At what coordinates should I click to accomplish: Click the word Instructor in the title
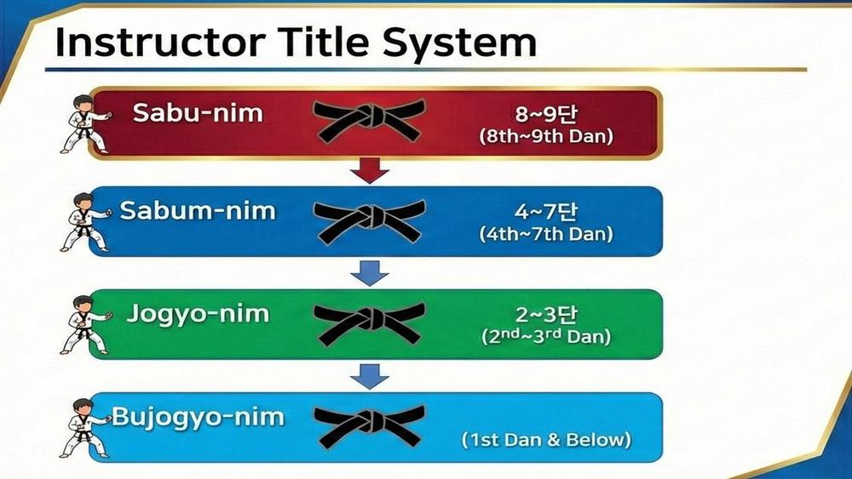click(161, 42)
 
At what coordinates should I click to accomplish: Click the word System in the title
click(460, 43)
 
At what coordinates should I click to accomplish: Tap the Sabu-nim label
click(198, 112)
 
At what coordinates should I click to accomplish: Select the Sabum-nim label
click(198, 210)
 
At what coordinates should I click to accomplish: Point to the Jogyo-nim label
click(198, 314)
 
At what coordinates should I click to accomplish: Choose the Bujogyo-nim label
click(198, 417)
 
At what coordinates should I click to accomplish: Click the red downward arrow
click(370, 170)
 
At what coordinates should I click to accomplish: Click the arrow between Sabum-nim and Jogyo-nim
click(370, 273)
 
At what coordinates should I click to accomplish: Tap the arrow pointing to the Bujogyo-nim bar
click(370, 376)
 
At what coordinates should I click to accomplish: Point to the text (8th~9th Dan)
click(546, 135)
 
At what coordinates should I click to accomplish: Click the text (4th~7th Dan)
click(546, 234)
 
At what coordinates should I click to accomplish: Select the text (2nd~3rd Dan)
click(546, 336)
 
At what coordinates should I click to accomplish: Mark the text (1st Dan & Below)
click(546, 439)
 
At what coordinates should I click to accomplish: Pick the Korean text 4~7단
click(546, 212)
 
